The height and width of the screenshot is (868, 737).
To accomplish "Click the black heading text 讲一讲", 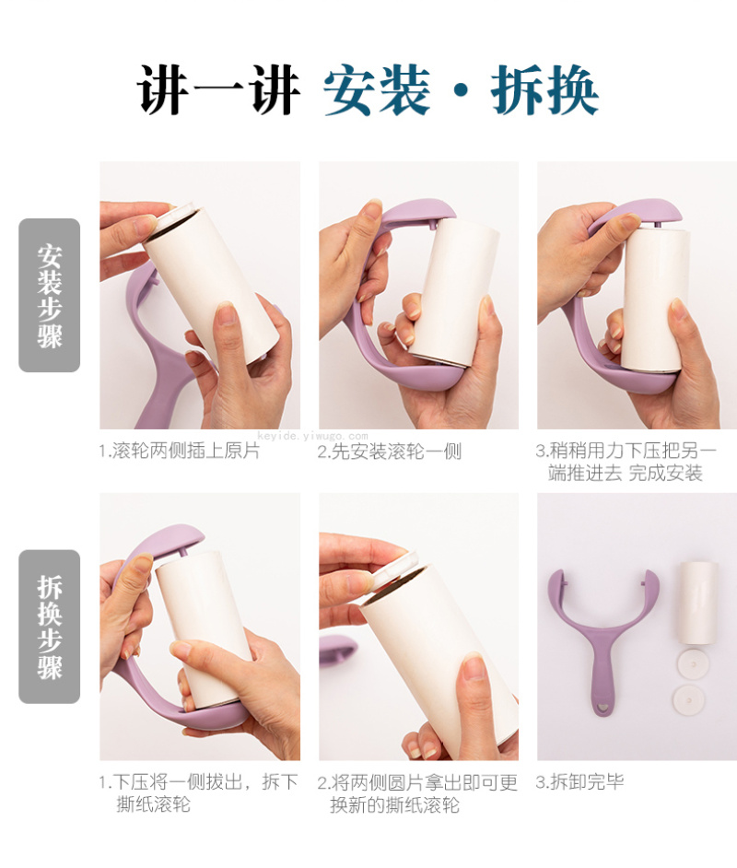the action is coord(218,89).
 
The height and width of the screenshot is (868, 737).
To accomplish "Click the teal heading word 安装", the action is coord(377,89).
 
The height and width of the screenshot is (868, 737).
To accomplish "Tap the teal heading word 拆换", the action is coord(544,89).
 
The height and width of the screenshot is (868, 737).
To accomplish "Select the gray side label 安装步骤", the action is coord(49,296).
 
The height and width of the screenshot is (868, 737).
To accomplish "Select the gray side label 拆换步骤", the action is coord(49,627).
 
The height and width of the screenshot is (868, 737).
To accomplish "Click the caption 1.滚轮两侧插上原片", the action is coord(180,451).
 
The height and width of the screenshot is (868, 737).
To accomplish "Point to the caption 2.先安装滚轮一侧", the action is coord(390,452).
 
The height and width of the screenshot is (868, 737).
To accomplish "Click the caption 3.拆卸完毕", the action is coord(579,781).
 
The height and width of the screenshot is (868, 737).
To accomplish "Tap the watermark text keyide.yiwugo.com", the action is coord(312,436).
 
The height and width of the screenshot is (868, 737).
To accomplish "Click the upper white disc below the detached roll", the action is coord(689,663).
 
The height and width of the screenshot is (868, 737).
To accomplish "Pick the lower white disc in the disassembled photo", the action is coord(689,699).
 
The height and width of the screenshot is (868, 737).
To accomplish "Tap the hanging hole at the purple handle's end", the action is coord(603,707).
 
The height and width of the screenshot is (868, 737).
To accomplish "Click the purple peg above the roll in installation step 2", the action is coord(432,224).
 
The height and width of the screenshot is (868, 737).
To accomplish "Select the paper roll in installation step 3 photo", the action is coord(657,298).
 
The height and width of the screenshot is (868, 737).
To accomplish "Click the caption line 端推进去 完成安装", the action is coord(626,474).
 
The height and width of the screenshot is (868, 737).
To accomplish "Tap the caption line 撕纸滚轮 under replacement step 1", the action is coord(153,803).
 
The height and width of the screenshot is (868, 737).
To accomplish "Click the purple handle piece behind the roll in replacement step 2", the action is coord(337,651).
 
